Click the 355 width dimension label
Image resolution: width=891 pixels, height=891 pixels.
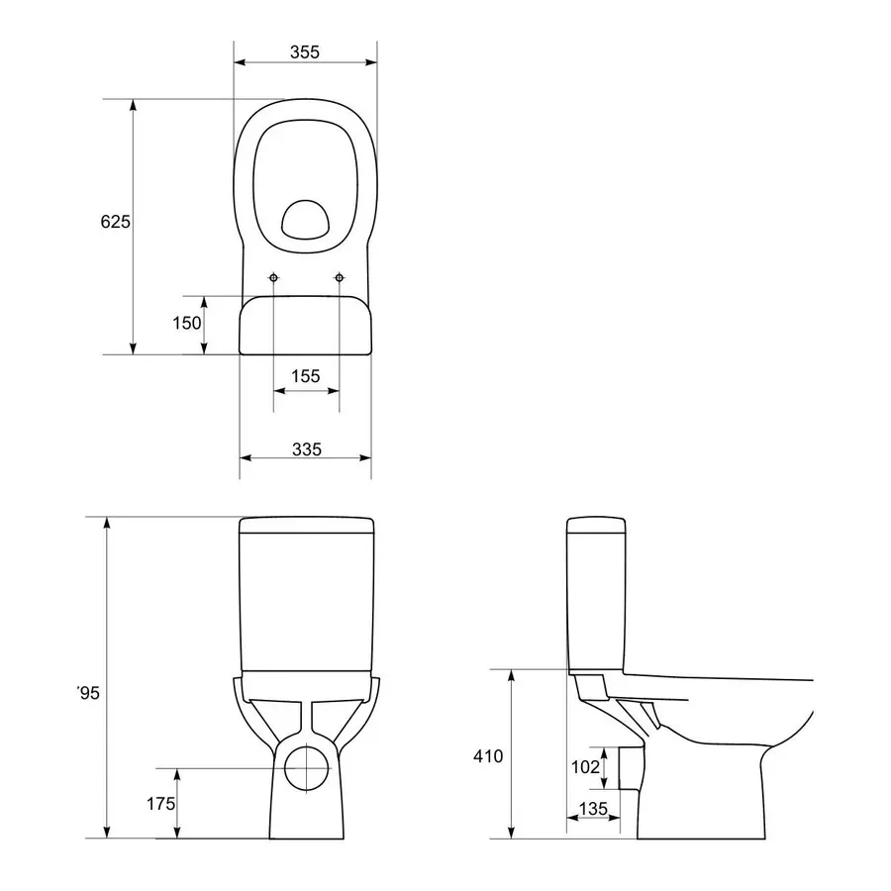tap(305, 52)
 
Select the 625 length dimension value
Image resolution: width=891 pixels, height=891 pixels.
tap(115, 223)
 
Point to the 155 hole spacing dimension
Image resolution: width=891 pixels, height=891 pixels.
tap(306, 375)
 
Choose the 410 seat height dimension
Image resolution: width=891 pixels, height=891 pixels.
tap(488, 756)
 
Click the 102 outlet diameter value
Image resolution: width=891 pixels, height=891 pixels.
tap(586, 765)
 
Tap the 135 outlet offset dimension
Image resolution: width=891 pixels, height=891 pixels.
tap(592, 809)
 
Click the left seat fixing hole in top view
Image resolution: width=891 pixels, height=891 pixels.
tap(274, 278)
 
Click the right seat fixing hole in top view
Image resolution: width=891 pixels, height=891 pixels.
tap(340, 278)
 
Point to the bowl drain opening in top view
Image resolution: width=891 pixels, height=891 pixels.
tap(306, 219)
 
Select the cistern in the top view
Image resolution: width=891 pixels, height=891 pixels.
tap(306, 327)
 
